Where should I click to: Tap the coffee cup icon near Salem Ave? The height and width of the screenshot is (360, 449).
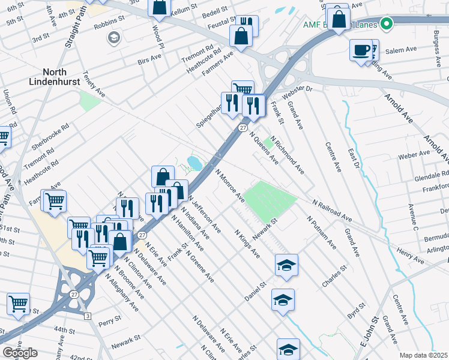pyautogui.click(x=361, y=50)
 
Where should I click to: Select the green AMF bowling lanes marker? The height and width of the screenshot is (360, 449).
pyautogui.click(x=387, y=24)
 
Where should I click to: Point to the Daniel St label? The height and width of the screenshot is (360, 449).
pyautogui.click(x=255, y=291)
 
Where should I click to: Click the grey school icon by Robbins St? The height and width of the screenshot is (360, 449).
pyautogui.click(x=113, y=38)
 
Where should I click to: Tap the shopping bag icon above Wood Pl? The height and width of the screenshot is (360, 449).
pyautogui.click(x=160, y=8)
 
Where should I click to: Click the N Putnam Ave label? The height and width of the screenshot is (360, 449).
pyautogui.click(x=321, y=233)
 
